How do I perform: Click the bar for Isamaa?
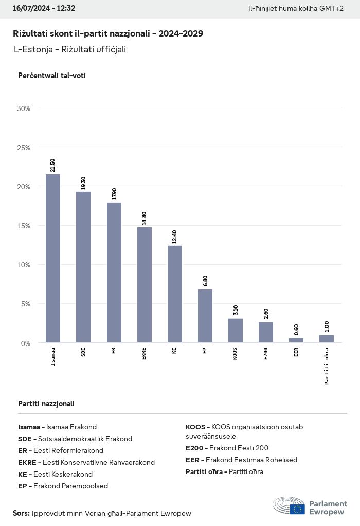(x=53, y=258)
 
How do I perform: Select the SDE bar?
(x=83, y=267)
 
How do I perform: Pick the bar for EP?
(x=205, y=316)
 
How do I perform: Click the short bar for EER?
(x=296, y=340)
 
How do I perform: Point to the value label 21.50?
(x=53, y=166)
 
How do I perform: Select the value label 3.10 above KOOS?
(x=236, y=310)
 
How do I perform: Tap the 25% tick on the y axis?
(x=24, y=148)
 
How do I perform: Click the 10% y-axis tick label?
(x=24, y=265)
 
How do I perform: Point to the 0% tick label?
(x=25, y=343)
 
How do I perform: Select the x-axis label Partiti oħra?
(x=327, y=366)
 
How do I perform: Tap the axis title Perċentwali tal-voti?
(x=51, y=76)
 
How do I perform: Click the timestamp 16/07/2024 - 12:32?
(x=44, y=9)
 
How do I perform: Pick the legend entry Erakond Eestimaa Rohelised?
(x=241, y=460)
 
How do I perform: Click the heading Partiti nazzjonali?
(x=46, y=404)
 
